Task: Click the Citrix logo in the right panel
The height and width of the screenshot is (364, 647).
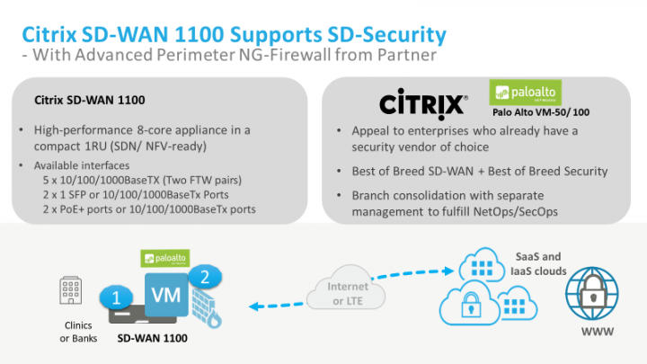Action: point(422,103)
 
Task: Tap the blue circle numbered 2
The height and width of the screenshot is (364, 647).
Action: point(205,277)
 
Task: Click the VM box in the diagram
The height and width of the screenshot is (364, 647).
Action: point(163,297)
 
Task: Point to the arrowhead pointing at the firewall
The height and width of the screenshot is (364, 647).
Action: point(254,306)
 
